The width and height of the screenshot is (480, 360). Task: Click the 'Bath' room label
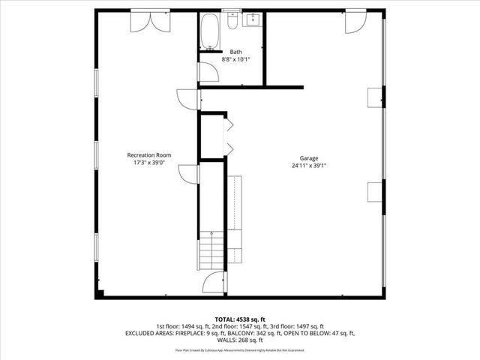point(235,52)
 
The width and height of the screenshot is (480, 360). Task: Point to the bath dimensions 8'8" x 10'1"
point(235,59)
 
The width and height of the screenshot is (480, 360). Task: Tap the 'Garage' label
point(309,158)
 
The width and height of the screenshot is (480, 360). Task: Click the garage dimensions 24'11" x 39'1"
point(309,166)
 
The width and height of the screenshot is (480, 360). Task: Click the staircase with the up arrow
point(211,250)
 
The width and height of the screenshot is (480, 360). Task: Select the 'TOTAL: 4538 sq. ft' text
point(239,319)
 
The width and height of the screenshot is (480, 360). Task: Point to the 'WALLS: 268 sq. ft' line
point(239,340)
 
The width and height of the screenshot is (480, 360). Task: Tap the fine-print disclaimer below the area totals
point(239,349)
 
